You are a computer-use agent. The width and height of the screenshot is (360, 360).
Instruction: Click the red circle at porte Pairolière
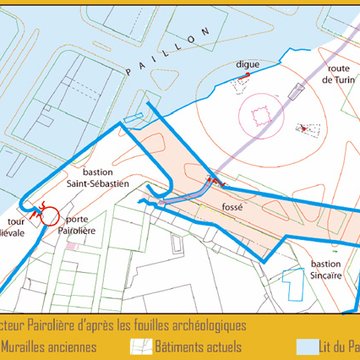click(45, 212)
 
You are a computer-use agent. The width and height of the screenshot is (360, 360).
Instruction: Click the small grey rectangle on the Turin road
click(295, 92)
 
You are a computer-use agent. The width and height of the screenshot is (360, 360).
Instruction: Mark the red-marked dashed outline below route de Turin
click(306, 129)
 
